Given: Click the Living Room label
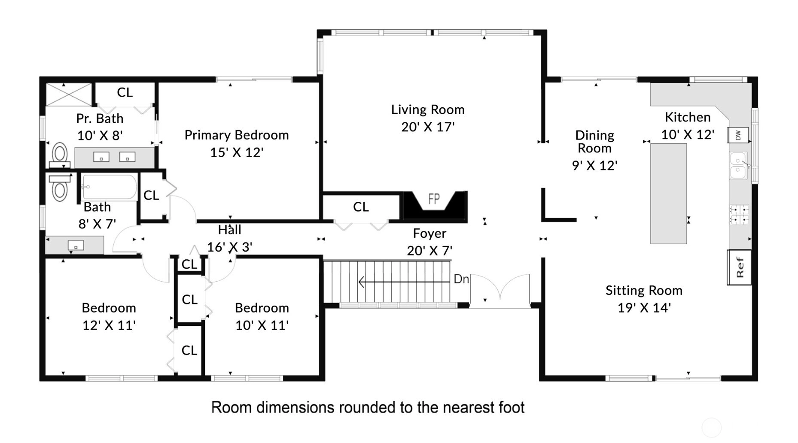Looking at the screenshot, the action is (x=428, y=109).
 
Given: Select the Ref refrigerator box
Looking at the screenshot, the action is (x=739, y=267).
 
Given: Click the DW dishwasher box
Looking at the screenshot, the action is (x=738, y=135).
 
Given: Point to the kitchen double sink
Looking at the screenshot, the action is (x=738, y=165).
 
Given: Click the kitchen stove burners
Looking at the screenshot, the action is (x=739, y=215).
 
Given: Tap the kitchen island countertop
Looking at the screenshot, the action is (x=668, y=194).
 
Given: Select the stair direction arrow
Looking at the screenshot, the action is (x=404, y=282).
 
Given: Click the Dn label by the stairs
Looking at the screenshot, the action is (x=461, y=279).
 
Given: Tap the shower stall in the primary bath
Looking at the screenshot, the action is (x=69, y=94).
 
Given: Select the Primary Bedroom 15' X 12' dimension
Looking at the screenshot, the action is (x=237, y=152).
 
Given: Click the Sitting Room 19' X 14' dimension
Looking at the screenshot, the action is (x=644, y=308).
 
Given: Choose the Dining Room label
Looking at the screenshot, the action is (x=595, y=142).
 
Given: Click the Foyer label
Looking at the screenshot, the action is (x=429, y=234).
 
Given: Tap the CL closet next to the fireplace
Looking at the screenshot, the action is (x=361, y=207).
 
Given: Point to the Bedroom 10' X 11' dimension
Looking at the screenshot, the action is (x=262, y=325).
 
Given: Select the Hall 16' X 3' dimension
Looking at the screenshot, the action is (x=230, y=247).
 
